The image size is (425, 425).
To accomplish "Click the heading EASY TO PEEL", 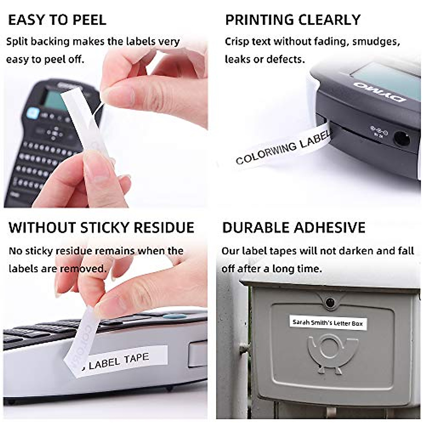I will pos(57,20).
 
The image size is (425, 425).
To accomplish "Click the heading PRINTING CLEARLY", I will pos(293,20).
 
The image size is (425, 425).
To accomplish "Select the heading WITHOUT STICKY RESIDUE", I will pos(101,228).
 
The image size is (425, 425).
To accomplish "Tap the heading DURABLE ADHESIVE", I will pos(294,228).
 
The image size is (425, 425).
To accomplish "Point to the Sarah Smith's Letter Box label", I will pos(328,323).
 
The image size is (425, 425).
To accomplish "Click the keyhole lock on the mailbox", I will pos(330,302).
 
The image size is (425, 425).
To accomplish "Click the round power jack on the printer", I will pos(402,138).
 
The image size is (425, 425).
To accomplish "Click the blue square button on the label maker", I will pos(33,113).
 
